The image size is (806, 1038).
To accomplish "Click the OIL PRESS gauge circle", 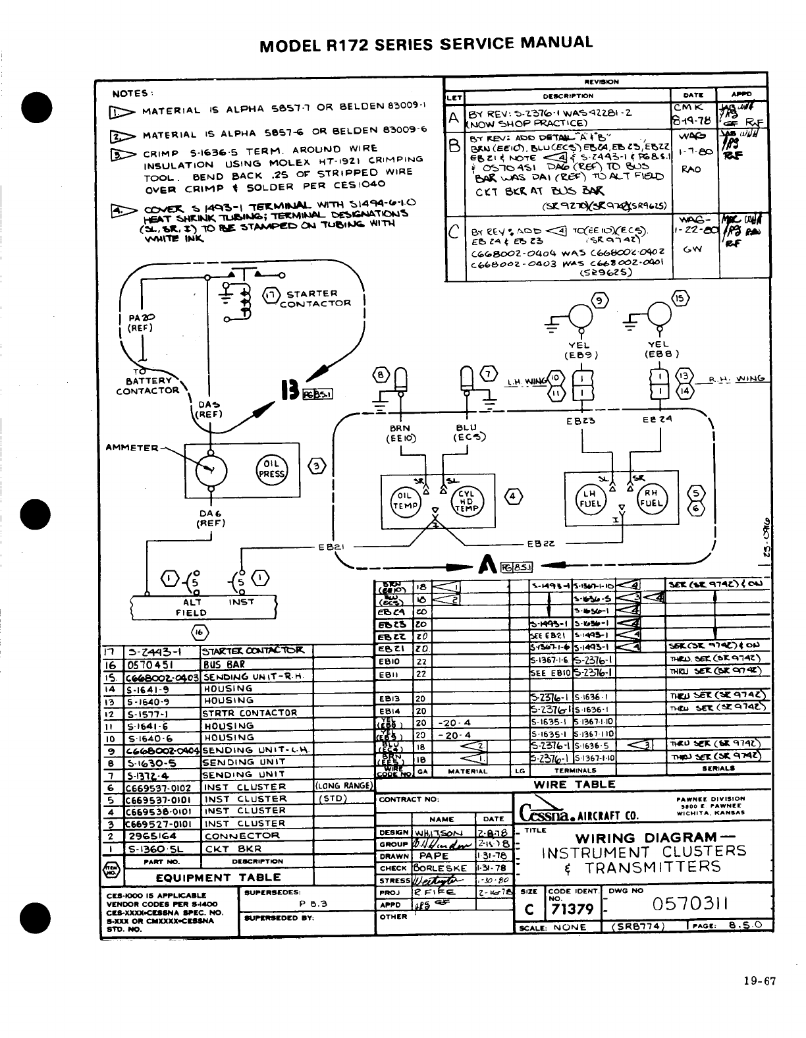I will tap(271, 469).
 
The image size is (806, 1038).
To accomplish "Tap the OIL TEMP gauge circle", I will tap(402, 500).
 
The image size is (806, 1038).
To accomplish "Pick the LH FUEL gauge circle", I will tap(588, 498).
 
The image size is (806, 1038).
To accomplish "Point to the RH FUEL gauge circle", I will tap(650, 498).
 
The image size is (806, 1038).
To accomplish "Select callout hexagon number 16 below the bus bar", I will tap(199, 631).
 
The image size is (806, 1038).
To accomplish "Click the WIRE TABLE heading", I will tap(574, 784).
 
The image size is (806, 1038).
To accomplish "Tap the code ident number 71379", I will tap(572, 910).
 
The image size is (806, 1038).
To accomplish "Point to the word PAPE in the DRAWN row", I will tap(433, 856).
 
